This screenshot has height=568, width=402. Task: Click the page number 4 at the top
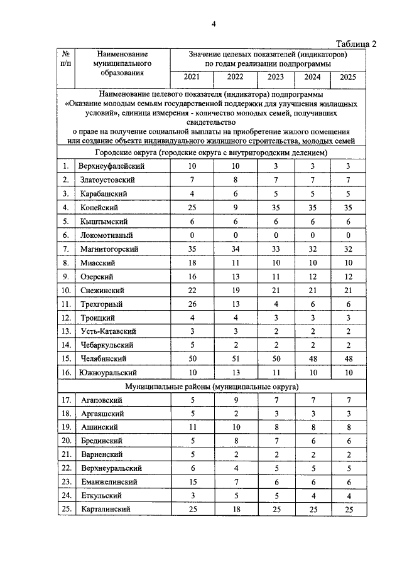[x=214, y=24]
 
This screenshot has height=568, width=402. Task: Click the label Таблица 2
[x=356, y=43]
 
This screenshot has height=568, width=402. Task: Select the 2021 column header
[x=192, y=77]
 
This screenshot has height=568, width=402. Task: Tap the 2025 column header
[x=347, y=77]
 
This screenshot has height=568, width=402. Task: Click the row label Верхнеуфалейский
[x=112, y=166]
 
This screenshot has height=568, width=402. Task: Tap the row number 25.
[x=66, y=510]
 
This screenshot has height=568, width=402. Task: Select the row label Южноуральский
[x=109, y=372]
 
